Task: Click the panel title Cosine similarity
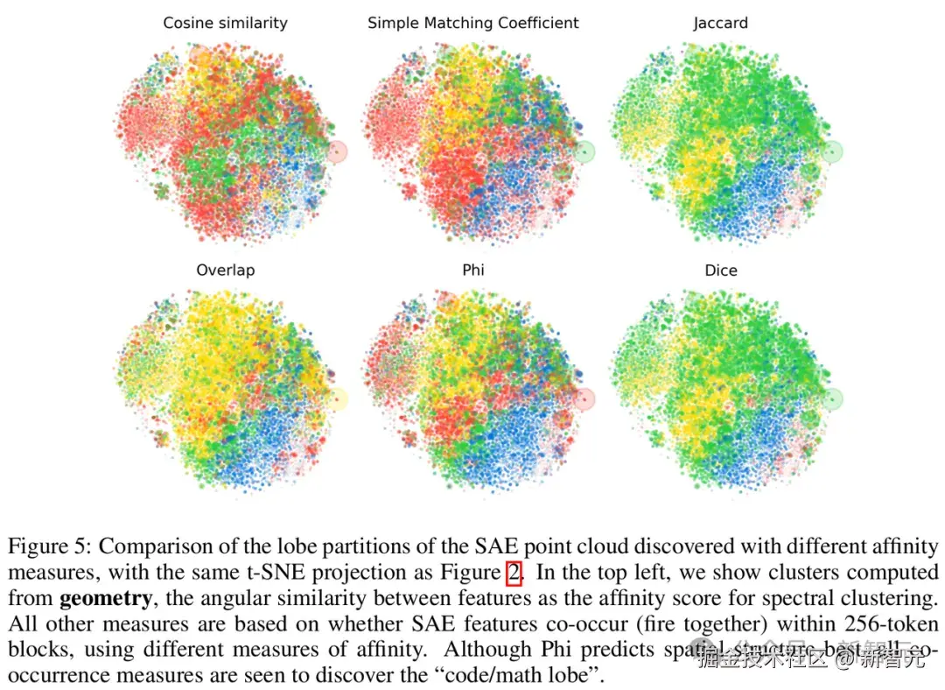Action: [225, 23]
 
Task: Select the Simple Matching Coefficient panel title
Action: [472, 23]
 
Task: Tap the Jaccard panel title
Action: [720, 23]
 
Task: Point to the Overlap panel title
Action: [225, 270]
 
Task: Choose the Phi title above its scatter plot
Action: [472, 270]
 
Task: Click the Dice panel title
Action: [720, 270]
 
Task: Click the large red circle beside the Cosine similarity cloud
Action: [337, 151]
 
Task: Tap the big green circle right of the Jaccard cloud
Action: [833, 151]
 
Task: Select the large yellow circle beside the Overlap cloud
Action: [337, 399]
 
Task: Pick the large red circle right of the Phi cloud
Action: [585, 399]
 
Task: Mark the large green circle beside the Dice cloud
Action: [833, 399]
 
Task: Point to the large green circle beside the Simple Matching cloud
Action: [585, 151]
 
